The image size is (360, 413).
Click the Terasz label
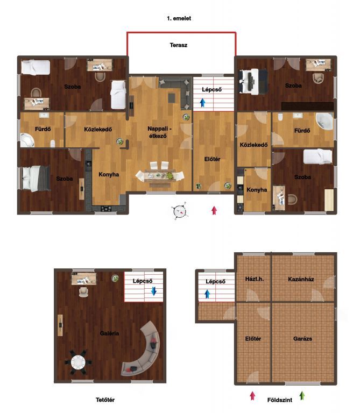pyautogui.click(x=179, y=45)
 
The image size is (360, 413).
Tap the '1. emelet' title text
pyautogui.click(x=179, y=18)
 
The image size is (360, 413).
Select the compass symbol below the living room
pyautogui.click(x=180, y=211)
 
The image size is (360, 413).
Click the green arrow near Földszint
pyautogui.click(x=302, y=396)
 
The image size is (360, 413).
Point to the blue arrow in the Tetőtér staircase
pyautogui.click(x=154, y=291)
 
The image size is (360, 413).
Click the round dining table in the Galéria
pyautogui.click(x=78, y=362)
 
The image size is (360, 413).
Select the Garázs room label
pyautogui.click(x=302, y=339)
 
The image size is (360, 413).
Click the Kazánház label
pyautogui.click(x=301, y=279)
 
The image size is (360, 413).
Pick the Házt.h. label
pyautogui.click(x=255, y=279)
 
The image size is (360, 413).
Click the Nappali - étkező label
pyautogui.click(x=159, y=132)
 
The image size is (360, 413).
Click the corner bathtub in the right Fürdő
pyautogui.click(x=324, y=122)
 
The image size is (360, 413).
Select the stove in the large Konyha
pyautogui.click(x=106, y=209)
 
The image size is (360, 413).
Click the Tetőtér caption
pyautogui.click(x=105, y=400)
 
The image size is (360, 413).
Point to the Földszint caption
pyautogui.click(x=280, y=400)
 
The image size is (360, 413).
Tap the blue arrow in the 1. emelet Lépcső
pyautogui.click(x=202, y=103)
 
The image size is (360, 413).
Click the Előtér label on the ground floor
pyautogui.click(x=253, y=339)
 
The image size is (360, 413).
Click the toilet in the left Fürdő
pyautogui.click(x=53, y=144)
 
